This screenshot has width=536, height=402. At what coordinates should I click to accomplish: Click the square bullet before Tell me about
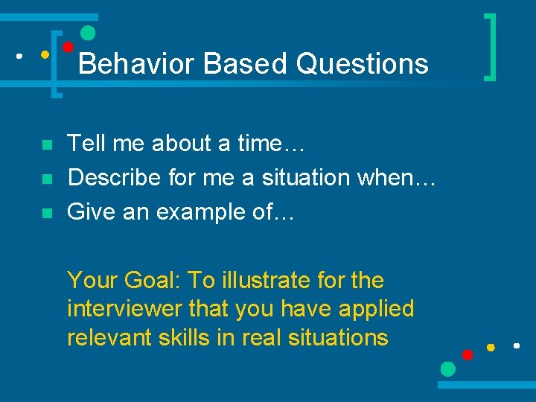[x=47, y=144]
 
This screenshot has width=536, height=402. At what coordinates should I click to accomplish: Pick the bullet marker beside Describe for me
[x=47, y=179]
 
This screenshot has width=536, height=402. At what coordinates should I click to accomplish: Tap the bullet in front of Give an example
[x=47, y=214]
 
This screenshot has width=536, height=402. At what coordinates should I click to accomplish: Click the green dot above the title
[x=88, y=33]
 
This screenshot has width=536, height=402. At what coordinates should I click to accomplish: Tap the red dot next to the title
[x=67, y=47]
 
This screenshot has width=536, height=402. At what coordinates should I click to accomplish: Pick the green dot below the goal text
[x=447, y=368]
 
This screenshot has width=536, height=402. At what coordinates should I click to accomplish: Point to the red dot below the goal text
[x=468, y=354]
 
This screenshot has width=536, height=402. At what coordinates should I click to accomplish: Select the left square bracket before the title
[x=54, y=64]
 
